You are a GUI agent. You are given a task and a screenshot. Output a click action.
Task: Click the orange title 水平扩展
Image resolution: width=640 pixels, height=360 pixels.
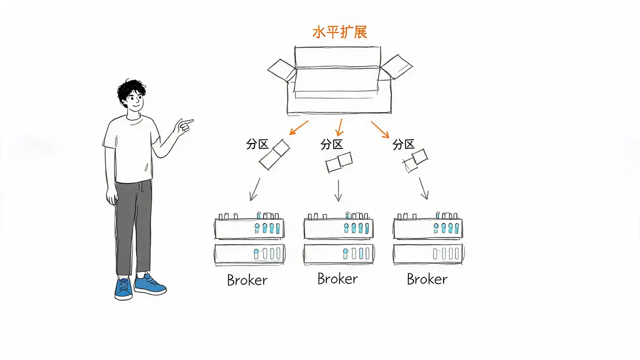[339, 32]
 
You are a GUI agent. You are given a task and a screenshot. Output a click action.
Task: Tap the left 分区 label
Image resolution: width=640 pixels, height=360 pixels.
[257, 144]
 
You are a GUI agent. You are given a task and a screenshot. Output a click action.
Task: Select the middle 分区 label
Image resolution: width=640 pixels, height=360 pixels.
[331, 144]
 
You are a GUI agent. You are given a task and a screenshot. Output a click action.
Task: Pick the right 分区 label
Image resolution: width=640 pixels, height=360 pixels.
[403, 144]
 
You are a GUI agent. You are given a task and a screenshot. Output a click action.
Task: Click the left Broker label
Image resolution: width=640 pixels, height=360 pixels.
[247, 280]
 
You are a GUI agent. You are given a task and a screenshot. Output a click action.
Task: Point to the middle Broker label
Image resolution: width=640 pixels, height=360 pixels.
[337, 278]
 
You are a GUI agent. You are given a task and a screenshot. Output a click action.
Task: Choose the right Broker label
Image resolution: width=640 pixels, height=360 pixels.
[427, 279]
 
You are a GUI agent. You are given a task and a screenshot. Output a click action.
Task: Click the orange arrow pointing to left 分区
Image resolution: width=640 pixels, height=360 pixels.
[299, 127]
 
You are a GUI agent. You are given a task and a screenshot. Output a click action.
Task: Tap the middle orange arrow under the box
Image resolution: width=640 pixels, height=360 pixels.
[339, 127]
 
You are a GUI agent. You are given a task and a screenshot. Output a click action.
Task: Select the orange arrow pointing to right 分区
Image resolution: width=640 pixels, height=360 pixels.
[380, 129]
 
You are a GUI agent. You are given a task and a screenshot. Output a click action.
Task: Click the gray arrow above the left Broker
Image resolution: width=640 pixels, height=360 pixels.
[255, 189]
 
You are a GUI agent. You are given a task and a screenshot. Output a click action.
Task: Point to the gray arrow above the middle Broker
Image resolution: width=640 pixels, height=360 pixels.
[338, 190]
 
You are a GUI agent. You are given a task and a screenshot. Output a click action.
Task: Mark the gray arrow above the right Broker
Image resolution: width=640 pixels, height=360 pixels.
[423, 188]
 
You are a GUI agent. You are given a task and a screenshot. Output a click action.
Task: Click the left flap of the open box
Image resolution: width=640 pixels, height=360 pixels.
[281, 70]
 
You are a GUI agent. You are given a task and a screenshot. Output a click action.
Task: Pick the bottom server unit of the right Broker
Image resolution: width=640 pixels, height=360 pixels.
[428, 253]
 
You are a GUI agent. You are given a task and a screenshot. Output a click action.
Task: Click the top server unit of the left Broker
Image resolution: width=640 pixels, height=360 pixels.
[249, 228]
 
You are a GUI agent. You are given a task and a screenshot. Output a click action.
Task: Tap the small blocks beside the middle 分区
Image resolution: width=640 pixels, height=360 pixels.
[339, 162]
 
